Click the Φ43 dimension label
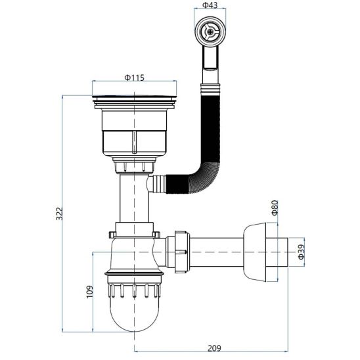[x=210, y=5]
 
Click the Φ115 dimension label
[x=134, y=78]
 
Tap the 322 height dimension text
[x=59, y=214]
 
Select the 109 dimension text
[x=90, y=292]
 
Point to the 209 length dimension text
[x=214, y=348]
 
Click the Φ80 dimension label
[x=275, y=208]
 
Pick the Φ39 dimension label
[x=302, y=252]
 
